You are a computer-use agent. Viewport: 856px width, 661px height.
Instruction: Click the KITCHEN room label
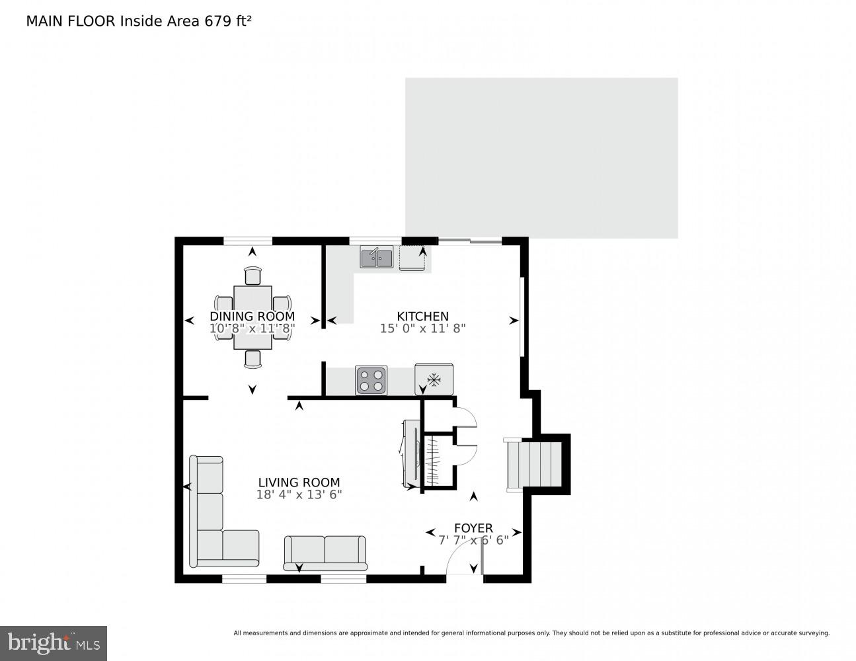point(422,317)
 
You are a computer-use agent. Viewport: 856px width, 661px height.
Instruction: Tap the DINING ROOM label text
point(252,317)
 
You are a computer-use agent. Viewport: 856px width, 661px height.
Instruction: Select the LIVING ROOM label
point(299,483)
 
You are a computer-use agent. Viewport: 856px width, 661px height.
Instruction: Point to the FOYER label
point(473,527)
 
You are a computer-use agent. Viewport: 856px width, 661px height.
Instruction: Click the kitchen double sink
point(377,256)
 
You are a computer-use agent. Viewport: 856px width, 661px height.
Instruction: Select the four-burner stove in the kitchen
point(371,380)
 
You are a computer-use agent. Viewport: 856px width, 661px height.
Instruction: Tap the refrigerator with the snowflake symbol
point(434,379)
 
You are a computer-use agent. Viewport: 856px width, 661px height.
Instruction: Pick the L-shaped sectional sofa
point(212,522)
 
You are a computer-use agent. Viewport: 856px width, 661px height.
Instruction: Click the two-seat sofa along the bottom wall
point(325,552)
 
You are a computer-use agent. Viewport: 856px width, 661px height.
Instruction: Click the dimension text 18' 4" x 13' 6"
point(299,494)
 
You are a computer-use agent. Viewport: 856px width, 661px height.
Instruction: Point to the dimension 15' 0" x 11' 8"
point(422,328)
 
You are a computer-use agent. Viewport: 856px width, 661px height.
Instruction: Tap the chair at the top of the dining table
point(253,275)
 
